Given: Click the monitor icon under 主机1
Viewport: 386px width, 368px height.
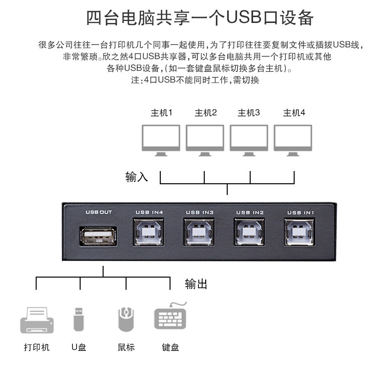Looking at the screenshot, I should click(160, 139).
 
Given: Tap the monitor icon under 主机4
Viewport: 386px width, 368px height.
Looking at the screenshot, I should click(293, 139).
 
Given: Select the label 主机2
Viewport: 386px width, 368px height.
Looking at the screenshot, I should click(205, 113).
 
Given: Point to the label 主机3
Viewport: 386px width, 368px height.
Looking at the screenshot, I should click(249, 113).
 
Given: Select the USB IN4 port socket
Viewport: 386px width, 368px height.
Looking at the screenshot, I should click(149, 232).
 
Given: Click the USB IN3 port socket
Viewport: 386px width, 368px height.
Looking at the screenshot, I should click(199, 232).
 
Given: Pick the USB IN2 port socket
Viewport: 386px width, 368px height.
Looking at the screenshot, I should click(250, 232).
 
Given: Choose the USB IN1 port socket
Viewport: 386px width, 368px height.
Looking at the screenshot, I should click(300, 232).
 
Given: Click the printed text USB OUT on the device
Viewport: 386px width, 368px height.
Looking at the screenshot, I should click(99, 212).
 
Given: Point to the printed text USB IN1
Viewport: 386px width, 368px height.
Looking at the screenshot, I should click(300, 213).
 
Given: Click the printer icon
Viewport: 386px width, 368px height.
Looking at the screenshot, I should click(37, 321).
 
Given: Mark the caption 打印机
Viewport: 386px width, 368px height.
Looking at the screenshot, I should click(37, 347).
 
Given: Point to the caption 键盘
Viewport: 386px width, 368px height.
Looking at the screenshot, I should click(171, 347).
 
